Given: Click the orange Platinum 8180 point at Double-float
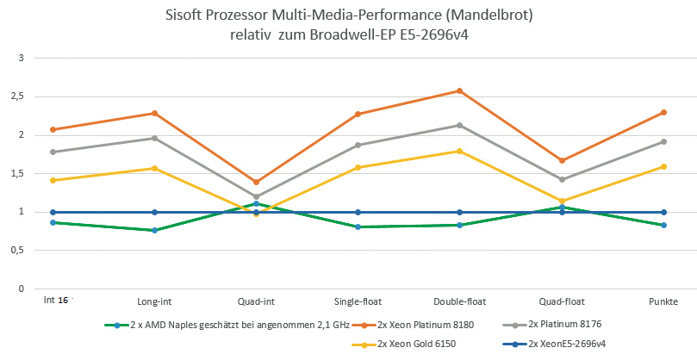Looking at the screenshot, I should coord(459,90).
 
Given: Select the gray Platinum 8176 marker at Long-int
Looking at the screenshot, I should coord(154,138).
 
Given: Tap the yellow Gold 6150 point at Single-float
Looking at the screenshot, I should coord(358,167).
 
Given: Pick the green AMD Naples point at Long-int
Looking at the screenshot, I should coord(154,230).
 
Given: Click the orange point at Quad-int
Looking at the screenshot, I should coord(256,182).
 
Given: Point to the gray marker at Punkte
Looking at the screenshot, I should coord(663,141).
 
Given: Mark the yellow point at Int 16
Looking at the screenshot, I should coord(53,180).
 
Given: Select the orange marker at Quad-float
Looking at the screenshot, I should coord(562,160).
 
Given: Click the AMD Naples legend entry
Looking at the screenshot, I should coord(227,325).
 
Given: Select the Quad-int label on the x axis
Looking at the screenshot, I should coord(256,301).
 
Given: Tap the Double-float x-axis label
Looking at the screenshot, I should coord(459,301).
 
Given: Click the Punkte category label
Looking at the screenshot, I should coord(663,301).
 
